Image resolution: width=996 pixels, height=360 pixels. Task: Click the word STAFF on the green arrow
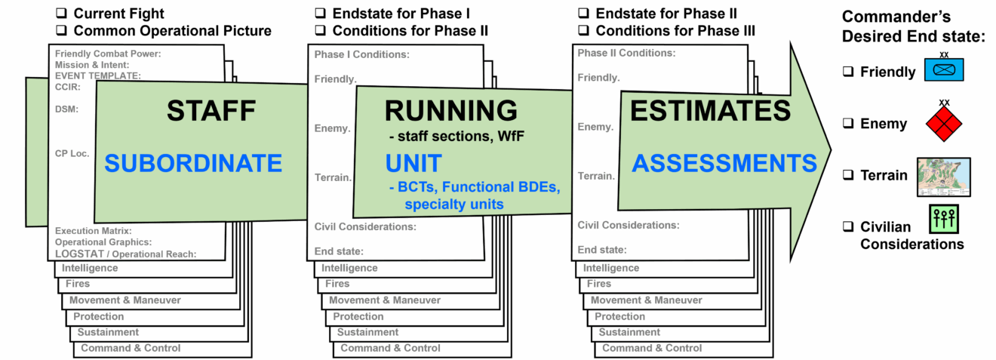point(211,111)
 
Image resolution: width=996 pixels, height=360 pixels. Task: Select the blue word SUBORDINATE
point(193,163)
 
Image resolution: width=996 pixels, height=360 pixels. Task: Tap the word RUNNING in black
point(451,110)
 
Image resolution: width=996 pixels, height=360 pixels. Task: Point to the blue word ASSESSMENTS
point(724,163)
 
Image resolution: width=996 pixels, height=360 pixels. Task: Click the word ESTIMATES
point(710,110)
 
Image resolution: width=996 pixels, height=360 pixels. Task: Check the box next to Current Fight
point(61,13)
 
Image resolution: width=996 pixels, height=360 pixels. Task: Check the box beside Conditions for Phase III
point(583,30)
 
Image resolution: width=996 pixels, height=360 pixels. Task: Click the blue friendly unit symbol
point(944,70)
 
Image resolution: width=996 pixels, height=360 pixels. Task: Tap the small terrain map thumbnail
point(943,177)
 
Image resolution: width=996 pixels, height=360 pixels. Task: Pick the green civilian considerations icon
point(943,219)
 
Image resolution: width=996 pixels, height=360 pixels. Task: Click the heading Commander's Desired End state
point(913,26)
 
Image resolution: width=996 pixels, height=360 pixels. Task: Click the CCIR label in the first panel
point(68,87)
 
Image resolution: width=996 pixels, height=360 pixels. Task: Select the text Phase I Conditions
point(361,54)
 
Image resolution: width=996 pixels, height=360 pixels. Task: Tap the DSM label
point(66,109)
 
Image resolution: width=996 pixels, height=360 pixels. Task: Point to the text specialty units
point(454,205)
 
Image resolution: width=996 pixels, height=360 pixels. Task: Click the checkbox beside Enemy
point(848,123)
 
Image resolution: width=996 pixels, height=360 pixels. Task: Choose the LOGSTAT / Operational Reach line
point(125,254)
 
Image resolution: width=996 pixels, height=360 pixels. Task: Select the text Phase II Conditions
point(626,53)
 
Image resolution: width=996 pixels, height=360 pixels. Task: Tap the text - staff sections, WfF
point(456,136)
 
